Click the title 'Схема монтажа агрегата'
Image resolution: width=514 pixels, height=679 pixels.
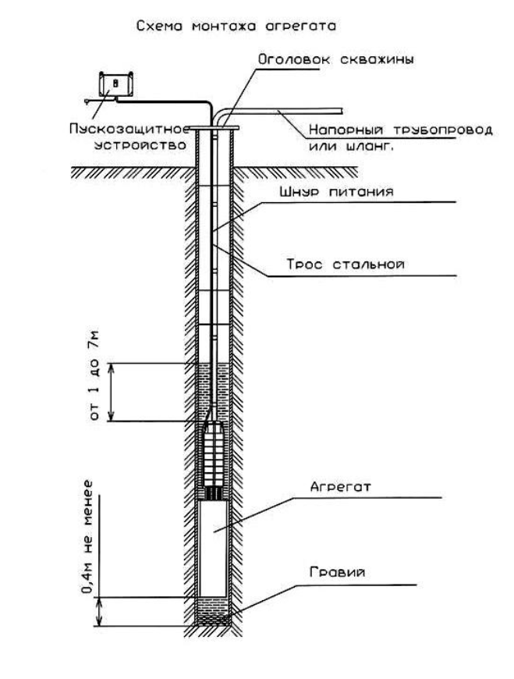(x=236, y=26)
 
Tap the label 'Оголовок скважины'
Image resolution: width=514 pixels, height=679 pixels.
(x=335, y=59)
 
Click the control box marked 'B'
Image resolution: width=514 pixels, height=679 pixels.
(x=115, y=84)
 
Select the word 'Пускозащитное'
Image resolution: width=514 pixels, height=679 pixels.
(x=129, y=129)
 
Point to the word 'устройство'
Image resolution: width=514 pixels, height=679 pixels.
(x=140, y=144)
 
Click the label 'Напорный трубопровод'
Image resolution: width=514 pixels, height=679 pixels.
(x=401, y=130)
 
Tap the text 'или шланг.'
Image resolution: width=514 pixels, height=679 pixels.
(x=351, y=146)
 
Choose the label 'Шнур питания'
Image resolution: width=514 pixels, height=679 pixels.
(x=337, y=192)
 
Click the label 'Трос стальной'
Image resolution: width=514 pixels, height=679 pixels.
(x=346, y=264)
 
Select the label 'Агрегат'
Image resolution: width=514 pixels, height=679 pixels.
(x=341, y=487)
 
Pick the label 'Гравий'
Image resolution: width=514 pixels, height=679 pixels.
(x=338, y=572)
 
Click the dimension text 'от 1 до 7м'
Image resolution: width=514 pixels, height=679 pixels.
(x=94, y=375)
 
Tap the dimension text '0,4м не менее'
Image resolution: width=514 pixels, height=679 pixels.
(x=88, y=536)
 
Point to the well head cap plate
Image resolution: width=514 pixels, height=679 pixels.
(x=214, y=128)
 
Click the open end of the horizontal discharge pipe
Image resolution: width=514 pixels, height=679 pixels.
(x=342, y=112)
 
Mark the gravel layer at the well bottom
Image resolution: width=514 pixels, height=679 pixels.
(x=213, y=611)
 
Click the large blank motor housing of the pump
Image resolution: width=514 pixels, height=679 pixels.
(x=213, y=549)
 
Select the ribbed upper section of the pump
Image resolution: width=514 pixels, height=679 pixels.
(x=214, y=455)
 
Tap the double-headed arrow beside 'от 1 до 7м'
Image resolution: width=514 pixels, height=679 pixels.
(x=112, y=392)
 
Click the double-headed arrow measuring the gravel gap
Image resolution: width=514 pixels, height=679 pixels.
(x=100, y=611)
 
